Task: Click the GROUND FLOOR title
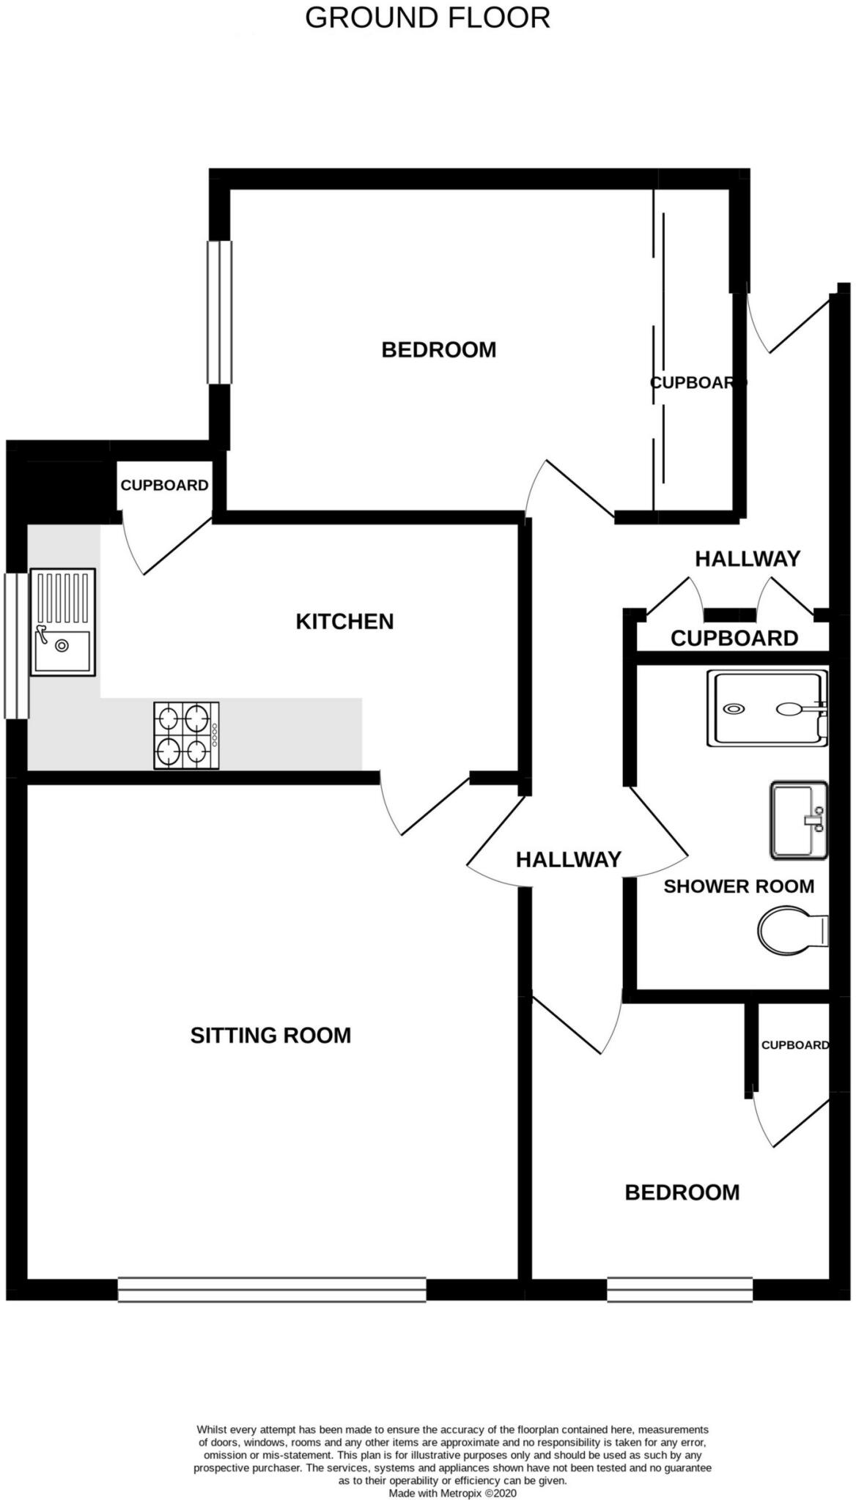(x=427, y=18)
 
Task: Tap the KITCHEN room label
(x=344, y=621)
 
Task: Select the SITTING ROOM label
(x=270, y=1035)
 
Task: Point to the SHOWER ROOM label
(x=739, y=886)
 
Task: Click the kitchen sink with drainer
(x=62, y=622)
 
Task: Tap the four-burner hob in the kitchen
(x=186, y=735)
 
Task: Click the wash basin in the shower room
(x=798, y=820)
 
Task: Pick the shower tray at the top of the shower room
(x=767, y=708)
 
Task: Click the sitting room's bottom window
(x=272, y=1289)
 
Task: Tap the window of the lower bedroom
(x=679, y=1289)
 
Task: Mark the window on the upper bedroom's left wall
(x=219, y=312)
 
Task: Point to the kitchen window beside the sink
(x=16, y=645)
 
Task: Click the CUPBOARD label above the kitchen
(x=164, y=485)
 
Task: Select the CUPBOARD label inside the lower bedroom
(x=794, y=1045)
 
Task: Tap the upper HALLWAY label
(x=748, y=559)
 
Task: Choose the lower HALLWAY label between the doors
(x=568, y=859)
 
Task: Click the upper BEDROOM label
(x=438, y=349)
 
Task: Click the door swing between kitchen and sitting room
(x=421, y=806)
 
